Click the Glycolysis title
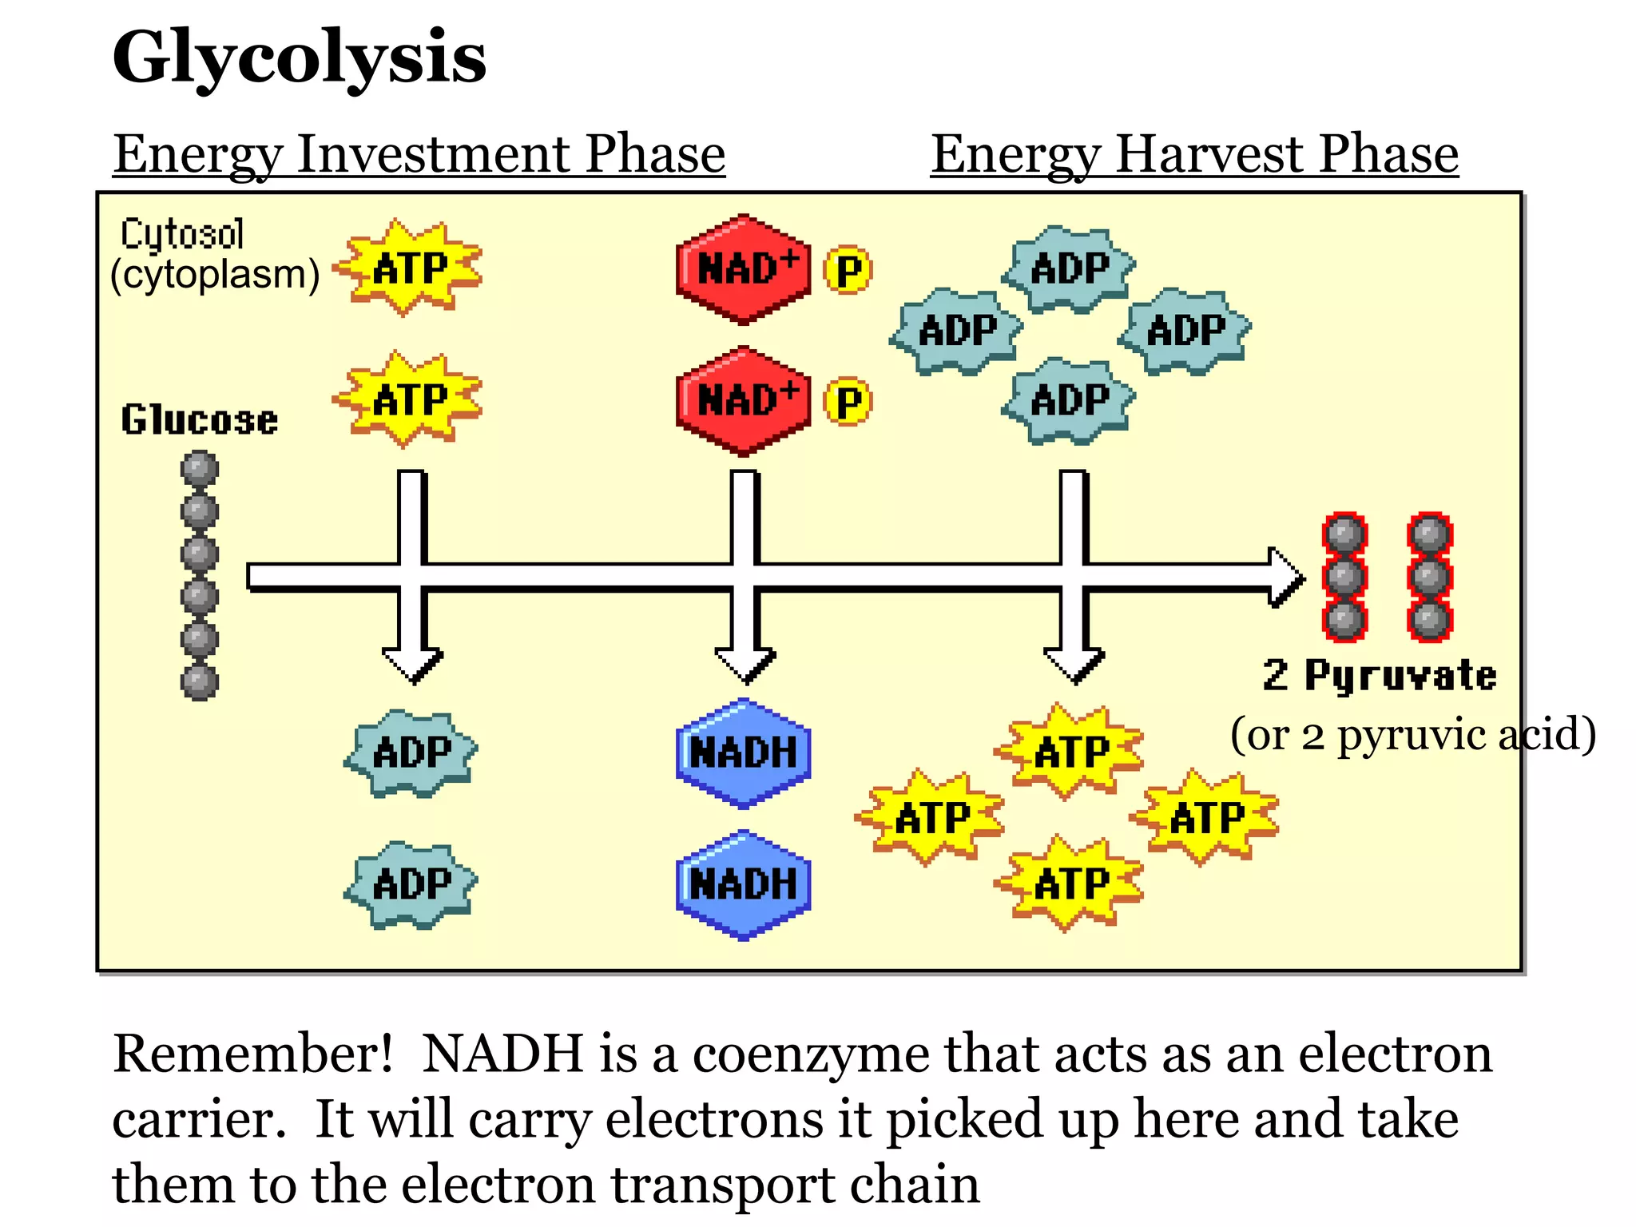click(299, 58)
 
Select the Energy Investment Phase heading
click(419, 153)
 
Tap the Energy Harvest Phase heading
click(1194, 153)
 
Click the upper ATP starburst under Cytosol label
click(410, 268)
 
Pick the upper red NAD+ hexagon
click(743, 269)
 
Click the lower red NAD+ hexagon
click(743, 401)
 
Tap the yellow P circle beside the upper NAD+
click(848, 271)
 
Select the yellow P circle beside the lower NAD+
click(848, 402)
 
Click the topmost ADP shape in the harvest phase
click(1069, 268)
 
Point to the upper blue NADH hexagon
click(743, 753)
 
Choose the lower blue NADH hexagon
click(743, 885)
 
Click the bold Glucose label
click(199, 419)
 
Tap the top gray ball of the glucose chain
click(199, 468)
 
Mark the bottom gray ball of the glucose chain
click(199, 682)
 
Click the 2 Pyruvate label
click(1380, 676)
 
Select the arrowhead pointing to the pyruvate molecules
click(1286, 577)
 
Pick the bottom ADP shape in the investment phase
click(411, 885)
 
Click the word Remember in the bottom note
click(252, 1054)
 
